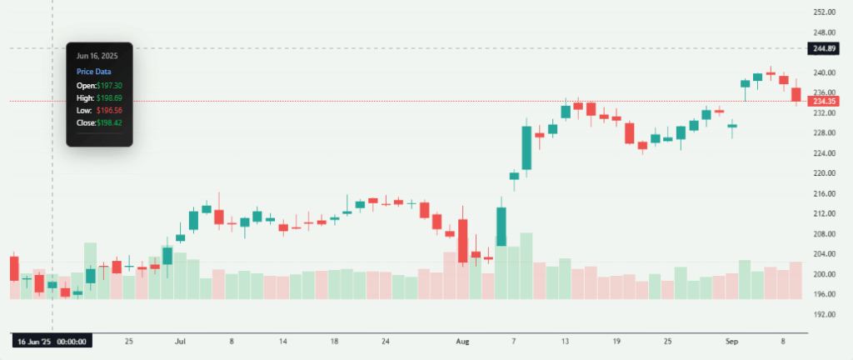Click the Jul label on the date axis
coord(180,341)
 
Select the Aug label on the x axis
coord(463,341)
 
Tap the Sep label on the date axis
coord(732,341)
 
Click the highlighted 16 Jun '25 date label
coord(52,341)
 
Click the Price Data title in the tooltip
coord(94,72)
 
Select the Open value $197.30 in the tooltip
coord(109,86)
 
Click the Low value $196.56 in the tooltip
coord(109,110)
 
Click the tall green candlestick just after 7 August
coord(526,147)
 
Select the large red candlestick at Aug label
coord(462,242)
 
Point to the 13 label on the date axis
coord(565,341)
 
